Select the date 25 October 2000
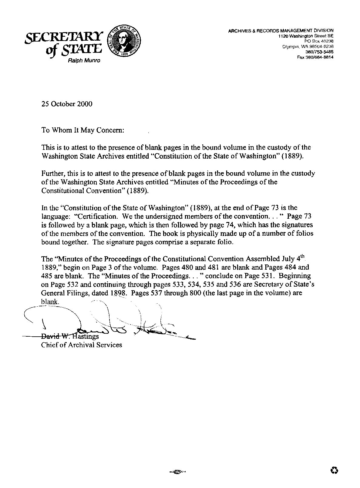(67, 104)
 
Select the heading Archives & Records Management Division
(281, 30)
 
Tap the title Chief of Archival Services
(82, 345)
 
